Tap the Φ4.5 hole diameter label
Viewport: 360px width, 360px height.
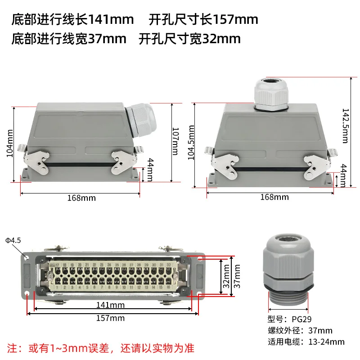(13, 240)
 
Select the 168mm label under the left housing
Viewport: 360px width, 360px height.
(81, 198)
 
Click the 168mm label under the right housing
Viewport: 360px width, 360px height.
(274, 197)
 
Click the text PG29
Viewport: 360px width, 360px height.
(303, 319)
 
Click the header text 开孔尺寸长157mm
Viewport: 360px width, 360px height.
(203, 19)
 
